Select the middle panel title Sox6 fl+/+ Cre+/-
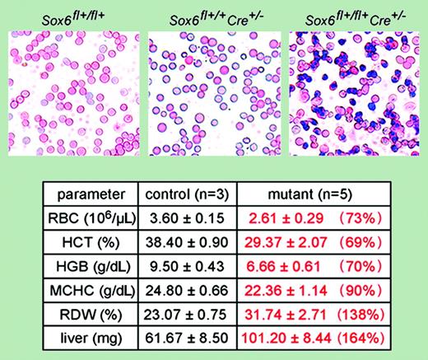pos(212,15)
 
